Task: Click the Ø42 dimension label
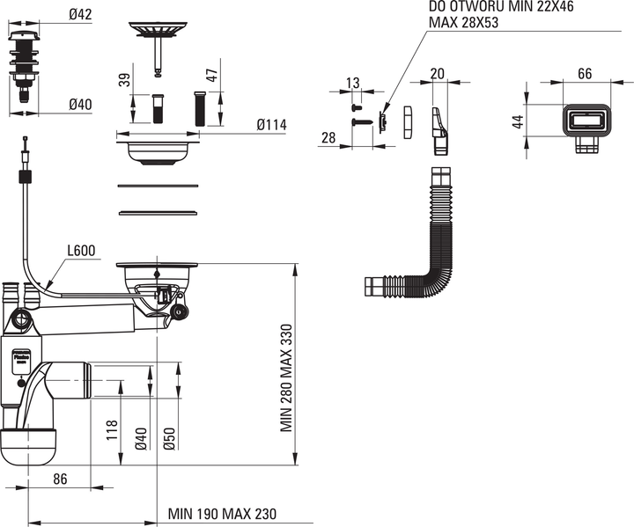tap(80, 15)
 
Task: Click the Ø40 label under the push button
tap(80, 105)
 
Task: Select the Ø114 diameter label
tap(272, 125)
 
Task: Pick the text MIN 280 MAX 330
tap(286, 377)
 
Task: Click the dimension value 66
tap(586, 74)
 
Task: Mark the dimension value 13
tap(353, 84)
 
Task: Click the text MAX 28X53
tap(463, 22)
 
